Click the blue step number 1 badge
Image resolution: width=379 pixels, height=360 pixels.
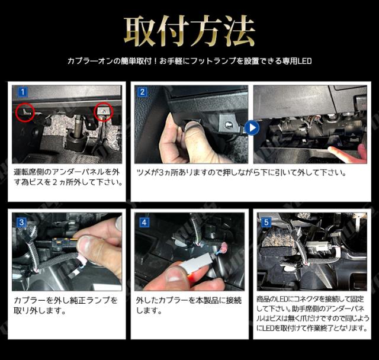point(23,92)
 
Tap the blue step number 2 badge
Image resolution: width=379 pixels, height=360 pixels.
point(142,92)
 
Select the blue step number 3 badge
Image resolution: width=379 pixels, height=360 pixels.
point(21,222)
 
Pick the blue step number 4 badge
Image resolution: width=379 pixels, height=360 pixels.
point(144,222)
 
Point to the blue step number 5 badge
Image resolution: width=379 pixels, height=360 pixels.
point(266,222)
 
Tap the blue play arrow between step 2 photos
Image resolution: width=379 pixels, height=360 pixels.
point(252,128)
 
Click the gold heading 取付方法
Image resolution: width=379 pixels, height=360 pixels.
point(189,31)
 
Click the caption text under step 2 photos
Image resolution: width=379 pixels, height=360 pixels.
point(242,173)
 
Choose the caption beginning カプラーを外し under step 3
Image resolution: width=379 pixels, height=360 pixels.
point(66,305)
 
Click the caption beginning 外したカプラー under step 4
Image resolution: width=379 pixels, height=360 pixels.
point(188,305)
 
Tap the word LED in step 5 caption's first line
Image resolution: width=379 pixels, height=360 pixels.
point(280,299)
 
